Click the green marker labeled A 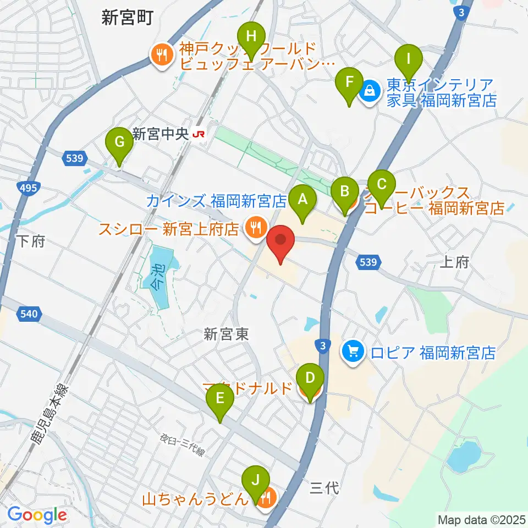302,201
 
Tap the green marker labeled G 119,144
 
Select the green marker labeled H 251,38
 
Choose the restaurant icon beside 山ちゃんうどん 266,499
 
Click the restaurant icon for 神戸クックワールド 161,53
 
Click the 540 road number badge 30,314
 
